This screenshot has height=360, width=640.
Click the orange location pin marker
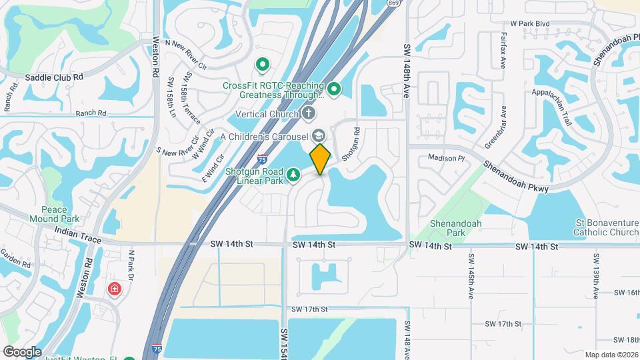point(321,159)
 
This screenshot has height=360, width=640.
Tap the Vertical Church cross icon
point(308,114)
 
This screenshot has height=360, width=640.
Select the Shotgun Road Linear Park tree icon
point(293,175)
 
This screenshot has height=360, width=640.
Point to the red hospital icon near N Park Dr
point(115,290)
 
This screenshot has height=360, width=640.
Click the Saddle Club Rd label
point(54,77)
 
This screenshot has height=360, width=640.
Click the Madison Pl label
point(445,159)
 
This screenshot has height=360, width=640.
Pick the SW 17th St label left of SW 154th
point(309,309)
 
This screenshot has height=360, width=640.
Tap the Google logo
point(21,352)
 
